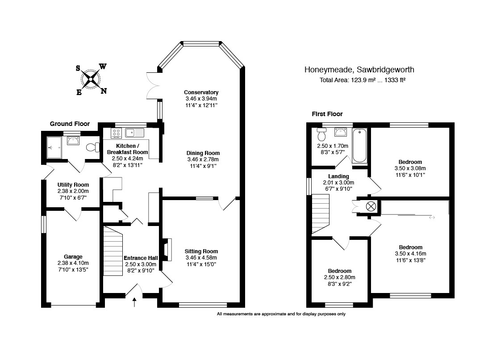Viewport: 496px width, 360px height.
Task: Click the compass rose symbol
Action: coord(91,79)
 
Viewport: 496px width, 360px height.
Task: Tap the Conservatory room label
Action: coord(201,92)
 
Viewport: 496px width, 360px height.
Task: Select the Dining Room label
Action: coord(203,153)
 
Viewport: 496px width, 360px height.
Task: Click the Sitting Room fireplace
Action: coord(168,250)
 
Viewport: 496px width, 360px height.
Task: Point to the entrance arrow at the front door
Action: coord(134,302)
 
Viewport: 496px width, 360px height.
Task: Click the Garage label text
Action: coord(73,257)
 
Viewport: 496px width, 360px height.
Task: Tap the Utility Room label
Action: coord(73,185)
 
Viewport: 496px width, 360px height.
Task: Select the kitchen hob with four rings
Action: coord(116,133)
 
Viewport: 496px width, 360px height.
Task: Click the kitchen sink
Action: coord(134,133)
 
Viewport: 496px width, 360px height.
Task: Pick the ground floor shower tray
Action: coord(54,147)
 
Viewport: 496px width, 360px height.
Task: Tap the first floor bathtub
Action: coord(360,146)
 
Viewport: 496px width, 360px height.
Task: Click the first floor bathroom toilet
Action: coord(322,134)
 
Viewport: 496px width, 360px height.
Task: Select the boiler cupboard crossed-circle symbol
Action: coord(371,206)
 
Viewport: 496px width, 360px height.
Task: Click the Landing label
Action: coord(338,176)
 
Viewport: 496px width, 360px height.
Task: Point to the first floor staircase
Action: coord(321,214)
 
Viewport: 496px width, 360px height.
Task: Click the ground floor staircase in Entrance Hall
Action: coord(113,251)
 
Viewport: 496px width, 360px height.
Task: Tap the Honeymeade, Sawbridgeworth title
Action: coord(359,70)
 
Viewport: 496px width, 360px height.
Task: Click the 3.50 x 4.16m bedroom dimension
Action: coord(411,254)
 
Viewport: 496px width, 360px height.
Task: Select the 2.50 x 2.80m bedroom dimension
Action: coord(340,277)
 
